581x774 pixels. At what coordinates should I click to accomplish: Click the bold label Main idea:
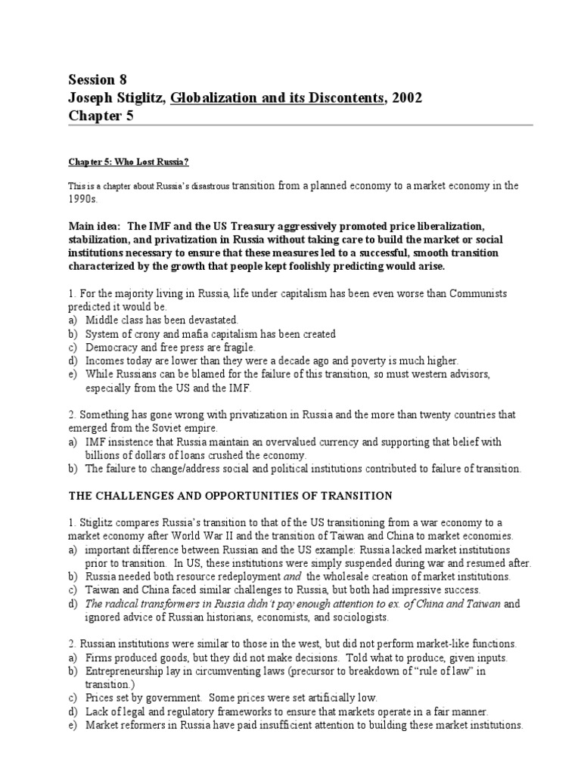tap(95, 226)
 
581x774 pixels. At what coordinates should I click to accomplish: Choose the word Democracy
tap(113, 348)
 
